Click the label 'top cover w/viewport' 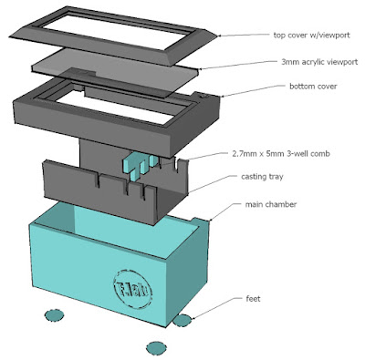[x=311, y=35]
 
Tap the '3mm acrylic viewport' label [x=319, y=62]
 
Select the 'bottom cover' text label [x=313, y=87]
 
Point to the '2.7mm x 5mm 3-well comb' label [x=280, y=153]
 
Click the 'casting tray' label [x=262, y=177]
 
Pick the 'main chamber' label [x=271, y=204]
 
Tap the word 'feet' [x=253, y=299]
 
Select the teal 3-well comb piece [x=141, y=167]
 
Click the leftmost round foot [x=55, y=315]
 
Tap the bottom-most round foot [x=156, y=348]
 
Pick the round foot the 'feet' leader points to [x=182, y=321]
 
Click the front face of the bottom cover [x=91, y=125]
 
